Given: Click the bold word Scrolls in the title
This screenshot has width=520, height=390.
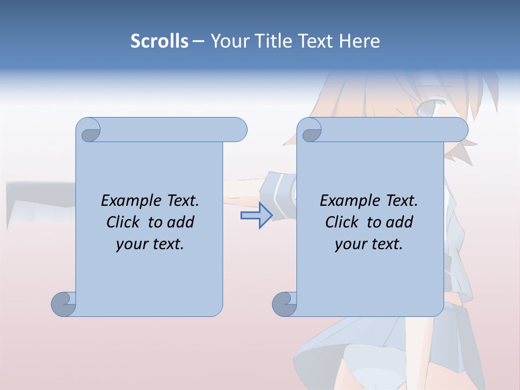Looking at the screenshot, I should [x=159, y=41].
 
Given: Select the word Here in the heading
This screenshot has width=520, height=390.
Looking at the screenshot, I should [x=359, y=41].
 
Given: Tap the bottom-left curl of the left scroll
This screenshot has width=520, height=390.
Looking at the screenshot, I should [x=63, y=304].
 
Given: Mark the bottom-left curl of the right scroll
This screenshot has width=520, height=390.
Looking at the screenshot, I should [x=284, y=304].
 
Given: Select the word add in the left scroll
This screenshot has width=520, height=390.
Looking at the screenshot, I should [x=181, y=222].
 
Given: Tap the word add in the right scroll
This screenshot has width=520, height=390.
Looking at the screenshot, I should [x=400, y=222].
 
